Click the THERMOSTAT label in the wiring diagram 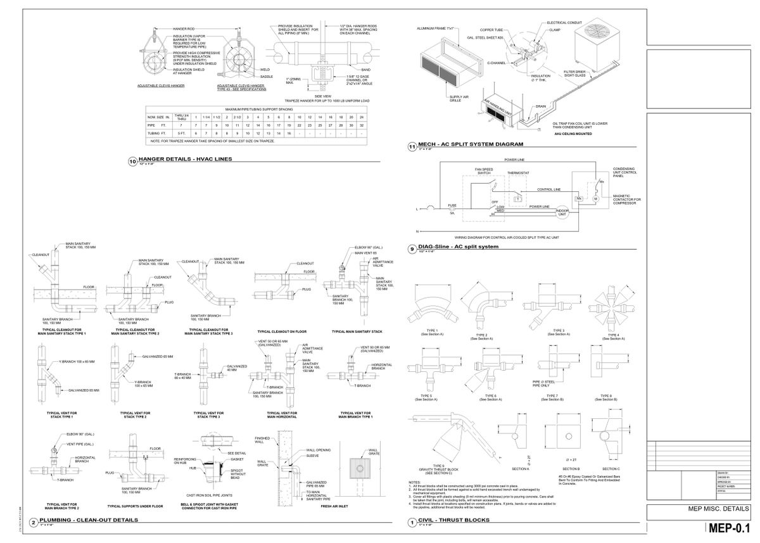[517, 172]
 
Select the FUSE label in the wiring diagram [452, 205]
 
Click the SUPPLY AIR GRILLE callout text [459, 98]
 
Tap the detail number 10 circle [132, 162]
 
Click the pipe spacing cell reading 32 [361, 125]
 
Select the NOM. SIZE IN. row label [158, 118]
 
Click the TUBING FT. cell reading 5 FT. [182, 133]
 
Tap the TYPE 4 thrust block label [614, 335]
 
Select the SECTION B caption [571, 468]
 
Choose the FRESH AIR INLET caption [336, 506]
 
